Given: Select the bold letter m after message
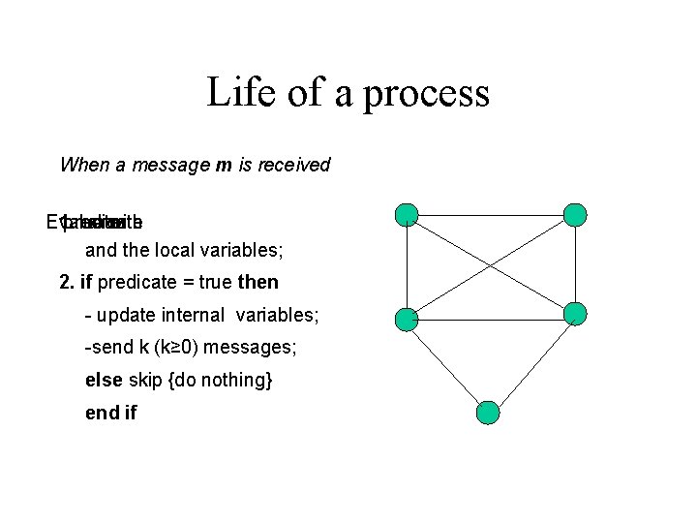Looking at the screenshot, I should [224, 165].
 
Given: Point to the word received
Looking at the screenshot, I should [291, 165].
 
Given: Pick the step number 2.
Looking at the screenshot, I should [65, 283].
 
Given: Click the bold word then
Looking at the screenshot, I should [258, 283].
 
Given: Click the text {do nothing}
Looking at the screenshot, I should [221, 380].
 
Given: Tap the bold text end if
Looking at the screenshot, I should [111, 413].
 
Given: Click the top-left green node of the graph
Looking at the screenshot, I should [408, 215].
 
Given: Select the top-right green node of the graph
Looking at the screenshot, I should [575, 215].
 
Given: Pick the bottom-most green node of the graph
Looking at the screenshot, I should [490, 413].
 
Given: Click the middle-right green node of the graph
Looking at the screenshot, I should [575, 313].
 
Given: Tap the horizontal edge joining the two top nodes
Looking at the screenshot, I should [491, 215].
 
